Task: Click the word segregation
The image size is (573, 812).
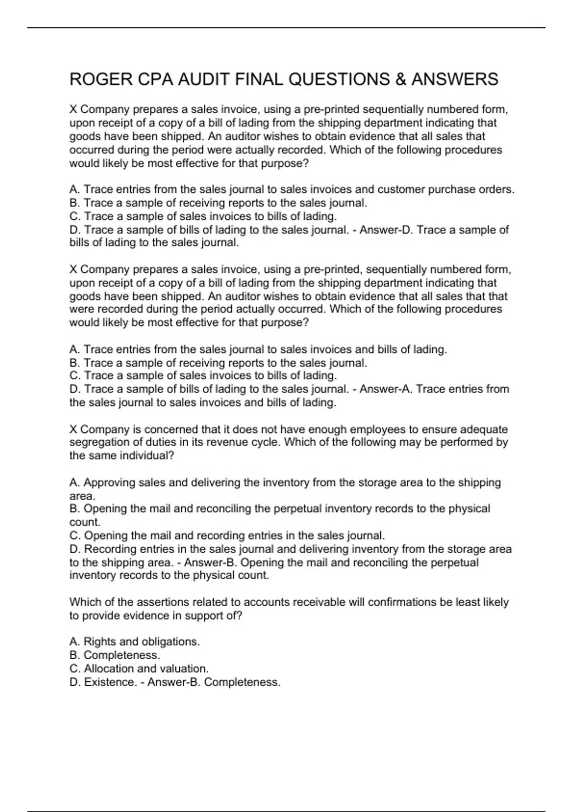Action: tap(97, 442)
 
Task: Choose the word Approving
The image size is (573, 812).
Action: tap(109, 482)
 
